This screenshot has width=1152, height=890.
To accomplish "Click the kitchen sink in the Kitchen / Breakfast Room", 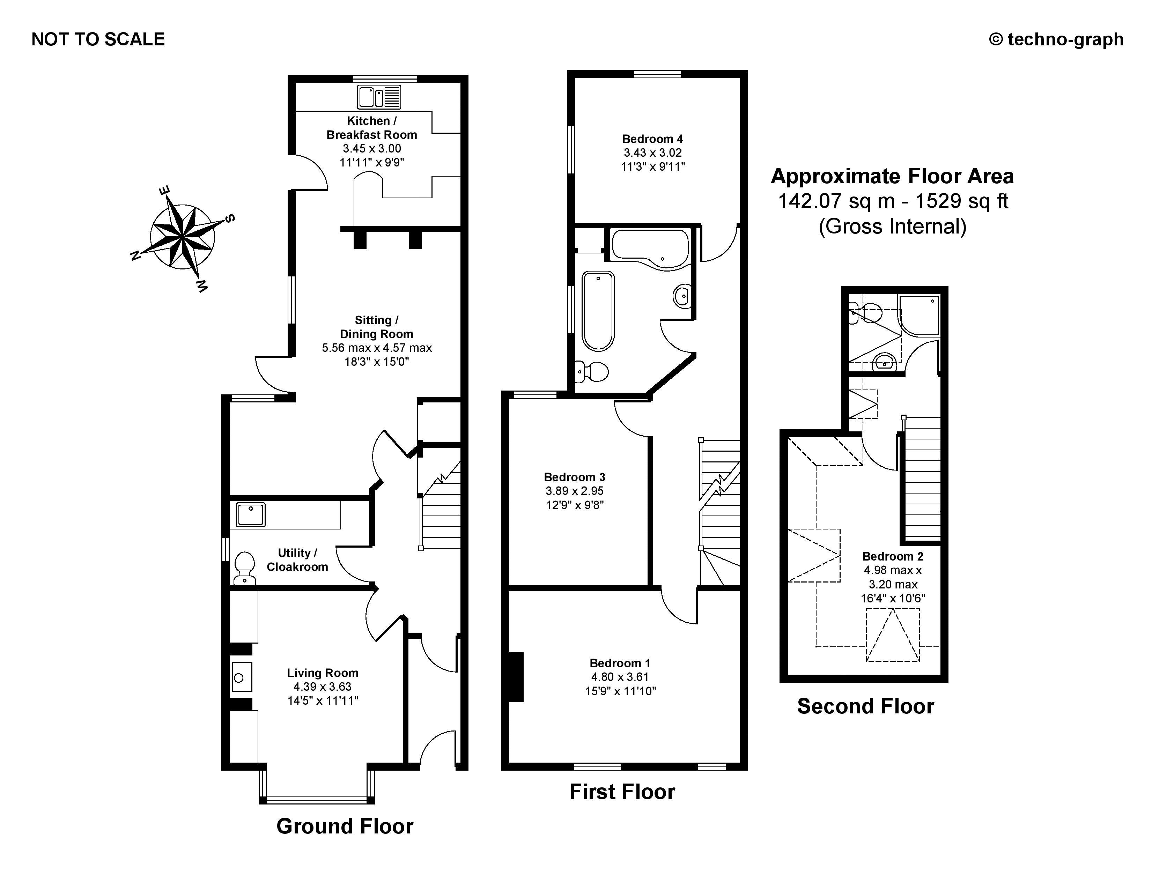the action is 379,97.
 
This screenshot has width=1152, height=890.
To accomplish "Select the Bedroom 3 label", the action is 574,477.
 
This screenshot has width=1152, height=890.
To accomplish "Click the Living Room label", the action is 322,673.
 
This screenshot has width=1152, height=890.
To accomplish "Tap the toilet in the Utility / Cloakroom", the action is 244,568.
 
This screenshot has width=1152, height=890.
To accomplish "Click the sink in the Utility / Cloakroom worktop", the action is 251,514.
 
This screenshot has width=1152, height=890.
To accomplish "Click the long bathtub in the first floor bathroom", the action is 598,311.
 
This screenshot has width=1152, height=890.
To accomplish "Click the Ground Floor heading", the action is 345,826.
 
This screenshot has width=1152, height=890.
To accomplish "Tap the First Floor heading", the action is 622,792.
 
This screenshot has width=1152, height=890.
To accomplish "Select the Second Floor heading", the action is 865,706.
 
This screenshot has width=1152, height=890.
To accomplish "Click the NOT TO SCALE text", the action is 98,39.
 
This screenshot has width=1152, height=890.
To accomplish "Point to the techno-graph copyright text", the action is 1056,39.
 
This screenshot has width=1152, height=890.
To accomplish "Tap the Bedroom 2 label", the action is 893,556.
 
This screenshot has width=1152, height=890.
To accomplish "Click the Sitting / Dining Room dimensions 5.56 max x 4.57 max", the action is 377,348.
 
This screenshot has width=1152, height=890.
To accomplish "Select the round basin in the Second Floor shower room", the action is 883,362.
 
